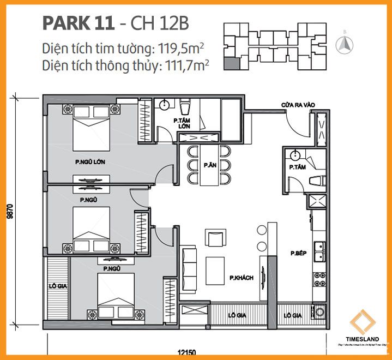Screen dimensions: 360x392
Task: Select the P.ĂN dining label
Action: click(209, 165)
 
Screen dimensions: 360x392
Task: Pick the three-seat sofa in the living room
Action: click(189, 264)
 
